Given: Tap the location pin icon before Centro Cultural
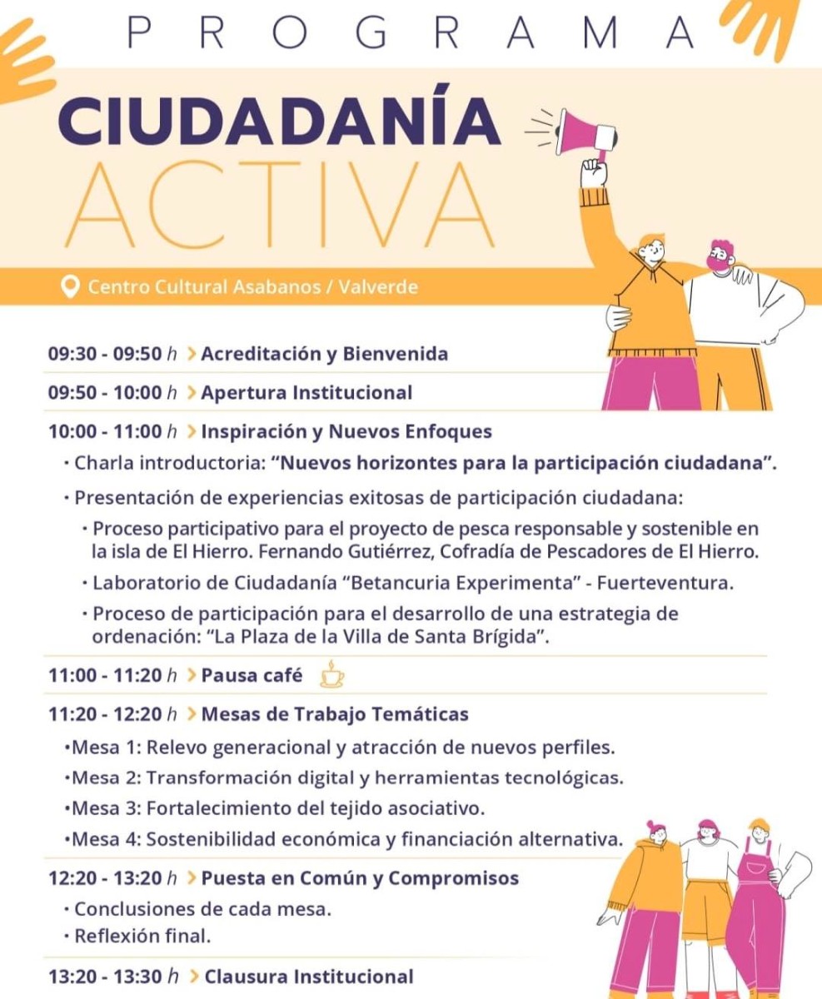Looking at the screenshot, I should tap(71, 287).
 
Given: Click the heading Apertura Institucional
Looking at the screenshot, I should tap(306, 392).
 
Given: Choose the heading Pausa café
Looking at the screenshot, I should tap(252, 675).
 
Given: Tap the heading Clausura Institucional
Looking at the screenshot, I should tap(308, 977).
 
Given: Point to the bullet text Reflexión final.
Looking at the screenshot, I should tap(142, 936).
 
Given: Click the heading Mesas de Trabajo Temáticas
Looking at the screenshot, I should tap(335, 713).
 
